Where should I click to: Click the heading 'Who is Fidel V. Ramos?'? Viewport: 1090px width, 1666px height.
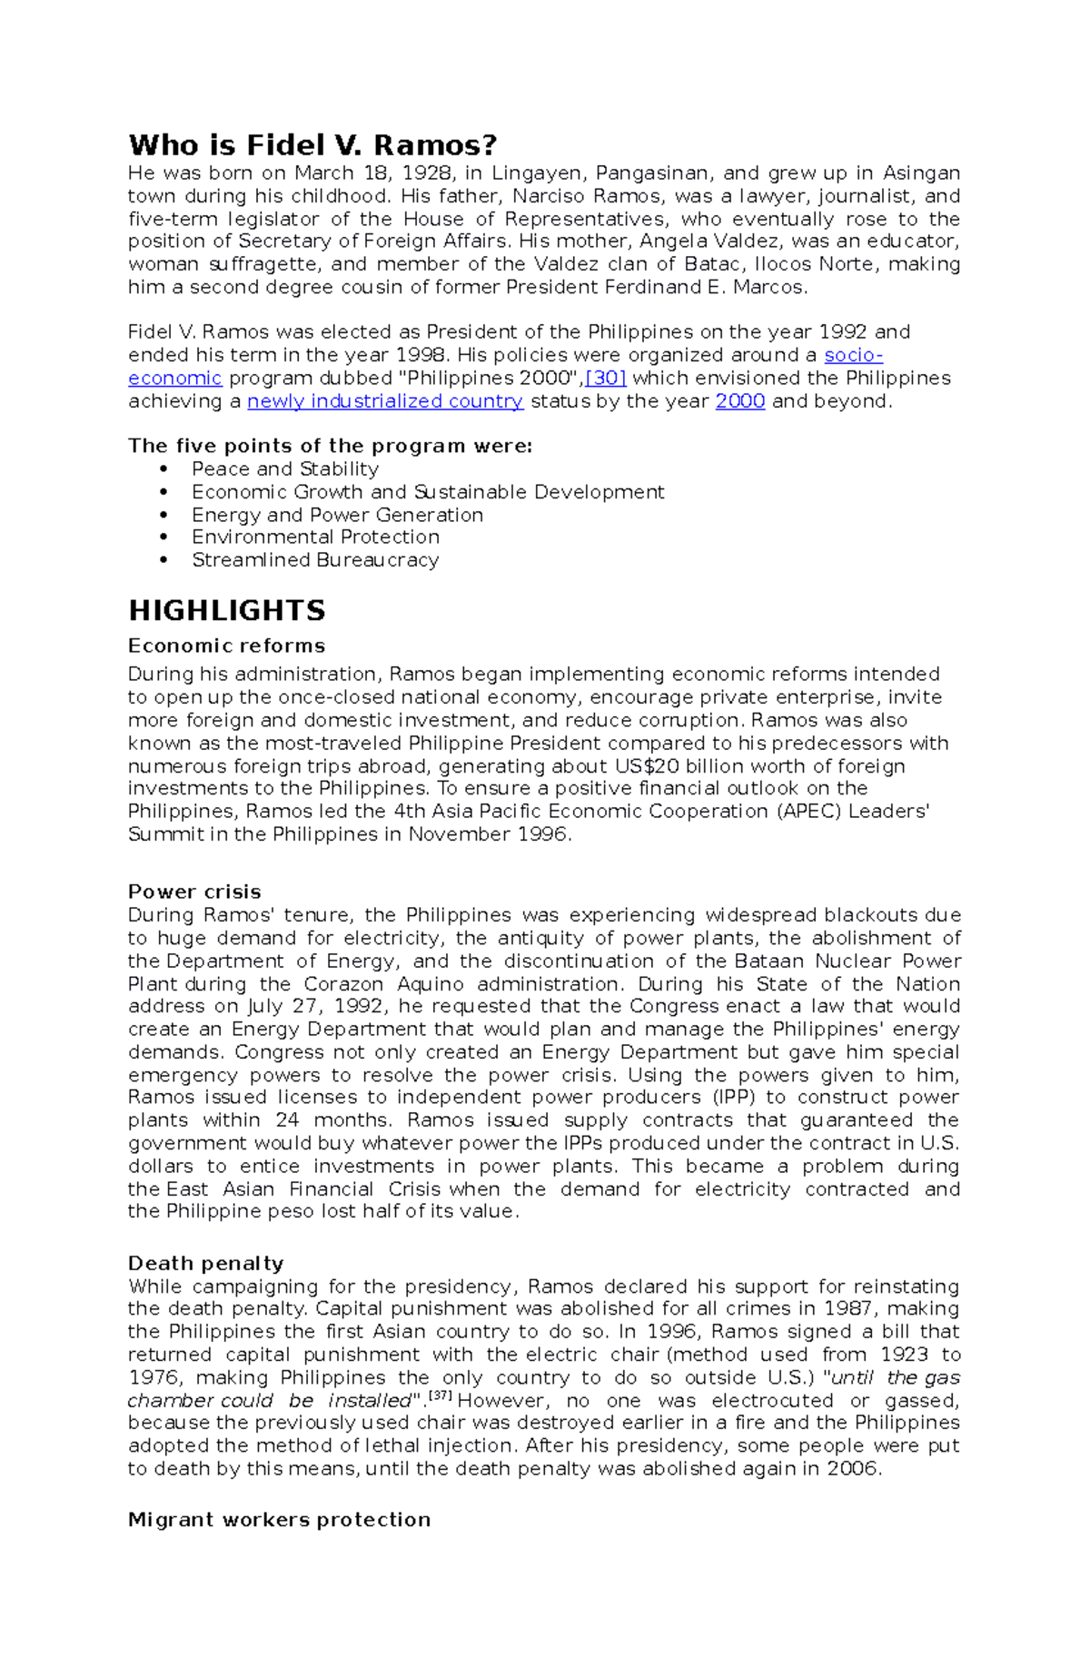[x=312, y=145]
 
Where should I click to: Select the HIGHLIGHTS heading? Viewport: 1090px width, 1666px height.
[x=226, y=610]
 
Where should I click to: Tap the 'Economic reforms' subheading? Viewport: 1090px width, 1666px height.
[x=226, y=646]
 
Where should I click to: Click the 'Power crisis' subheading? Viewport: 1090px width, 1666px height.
[x=194, y=892]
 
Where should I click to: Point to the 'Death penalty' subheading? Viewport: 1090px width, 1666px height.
[x=205, y=1263]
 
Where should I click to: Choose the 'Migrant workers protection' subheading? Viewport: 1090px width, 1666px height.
[x=279, y=1520]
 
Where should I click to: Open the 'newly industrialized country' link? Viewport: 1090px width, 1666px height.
[x=385, y=401]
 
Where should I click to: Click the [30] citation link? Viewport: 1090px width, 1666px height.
[x=606, y=379]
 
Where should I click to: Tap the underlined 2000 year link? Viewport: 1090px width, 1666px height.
[x=740, y=401]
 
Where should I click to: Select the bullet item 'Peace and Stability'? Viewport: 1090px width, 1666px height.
[x=285, y=468]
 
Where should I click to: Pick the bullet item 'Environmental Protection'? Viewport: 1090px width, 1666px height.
[x=315, y=537]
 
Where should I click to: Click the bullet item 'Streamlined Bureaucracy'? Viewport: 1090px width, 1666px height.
[x=315, y=559]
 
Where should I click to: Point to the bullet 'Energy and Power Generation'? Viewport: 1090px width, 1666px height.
[x=337, y=515]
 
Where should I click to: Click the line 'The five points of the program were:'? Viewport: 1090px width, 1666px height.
[x=330, y=446]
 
